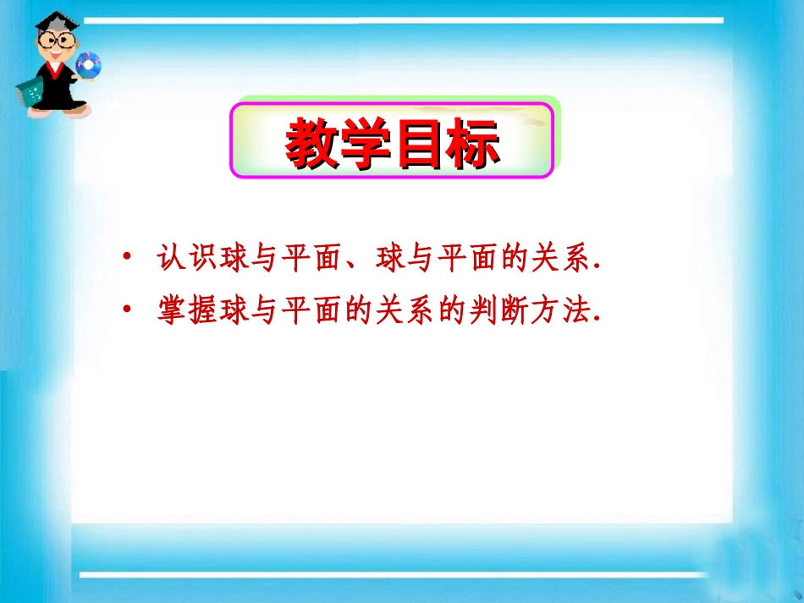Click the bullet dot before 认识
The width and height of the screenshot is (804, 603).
(126, 256)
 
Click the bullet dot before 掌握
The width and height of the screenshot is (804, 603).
(126, 309)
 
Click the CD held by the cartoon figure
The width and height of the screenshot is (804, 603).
(88, 63)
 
